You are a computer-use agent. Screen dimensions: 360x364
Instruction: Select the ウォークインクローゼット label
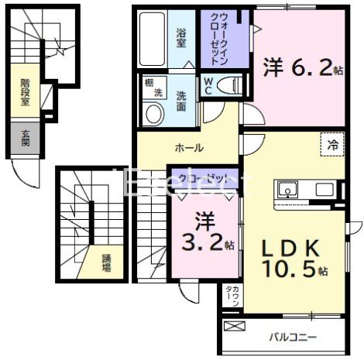coord(214,39)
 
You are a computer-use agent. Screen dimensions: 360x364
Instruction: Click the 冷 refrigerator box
coord(332,143)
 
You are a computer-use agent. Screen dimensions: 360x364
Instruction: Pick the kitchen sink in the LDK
coord(287,190)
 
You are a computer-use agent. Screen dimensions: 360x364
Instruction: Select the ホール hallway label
coord(189,147)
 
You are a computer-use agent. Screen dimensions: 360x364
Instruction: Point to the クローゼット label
coord(204,178)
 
